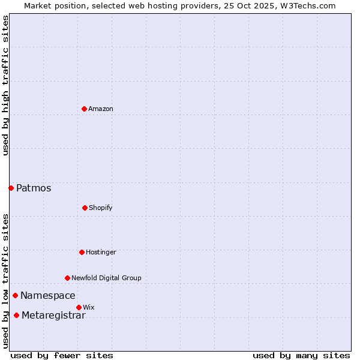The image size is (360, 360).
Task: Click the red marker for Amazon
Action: tap(84, 109)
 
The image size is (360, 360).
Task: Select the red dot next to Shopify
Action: tap(85, 208)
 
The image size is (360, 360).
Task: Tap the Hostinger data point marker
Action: tap(82, 252)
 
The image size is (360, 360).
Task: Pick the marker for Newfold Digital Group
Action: tap(67, 278)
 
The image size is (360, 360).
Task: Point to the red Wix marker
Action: tap(79, 307)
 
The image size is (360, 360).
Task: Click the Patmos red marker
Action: tap(11, 188)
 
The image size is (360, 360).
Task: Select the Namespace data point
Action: tap(15, 295)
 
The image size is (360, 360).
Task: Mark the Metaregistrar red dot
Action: tap(16, 316)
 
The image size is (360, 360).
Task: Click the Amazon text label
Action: tap(101, 109)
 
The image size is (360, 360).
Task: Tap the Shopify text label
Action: tap(101, 208)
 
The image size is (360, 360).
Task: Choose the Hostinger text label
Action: tap(101, 252)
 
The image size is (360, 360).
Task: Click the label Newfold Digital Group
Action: tap(107, 278)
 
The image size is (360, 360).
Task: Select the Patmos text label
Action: tap(34, 188)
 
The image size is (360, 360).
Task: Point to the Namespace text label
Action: tap(48, 295)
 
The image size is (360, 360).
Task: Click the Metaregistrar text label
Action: tap(53, 316)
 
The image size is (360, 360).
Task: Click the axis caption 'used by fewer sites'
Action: tap(62, 355)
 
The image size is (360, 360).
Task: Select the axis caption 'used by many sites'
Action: tap(301, 355)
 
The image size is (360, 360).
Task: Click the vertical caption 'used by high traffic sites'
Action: tap(5, 85)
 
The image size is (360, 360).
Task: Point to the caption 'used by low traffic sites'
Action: tap(5, 281)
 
